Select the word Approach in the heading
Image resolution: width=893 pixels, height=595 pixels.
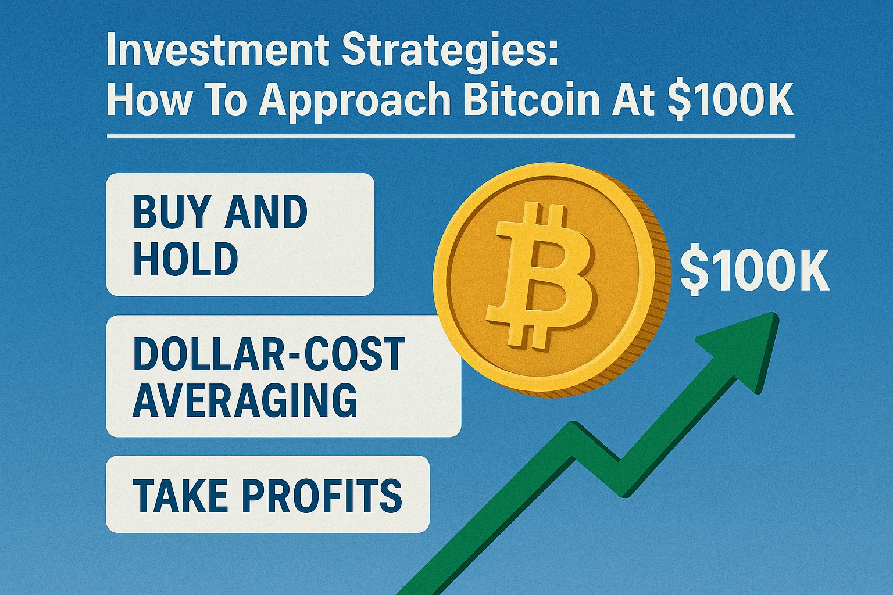[355, 100]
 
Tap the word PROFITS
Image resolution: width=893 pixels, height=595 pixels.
[322, 495]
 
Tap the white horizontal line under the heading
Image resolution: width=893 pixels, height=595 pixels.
[451, 137]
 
